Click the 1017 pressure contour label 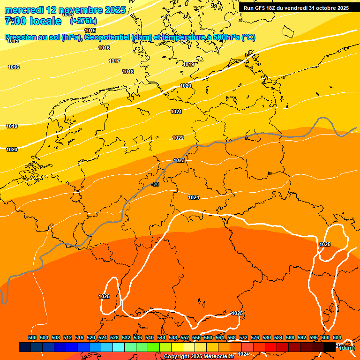(x=114, y=61)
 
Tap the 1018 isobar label (x=128, y=72)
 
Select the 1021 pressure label (x=176, y=112)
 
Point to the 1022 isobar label (x=178, y=138)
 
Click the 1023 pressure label (x=179, y=160)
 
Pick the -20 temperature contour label (x=155, y=184)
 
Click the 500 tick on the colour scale (x=32, y=337)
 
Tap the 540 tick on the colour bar (x=150, y=337)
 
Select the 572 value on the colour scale (x=243, y=337)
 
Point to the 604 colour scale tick (x=337, y=337)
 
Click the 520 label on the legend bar (x=91, y=337)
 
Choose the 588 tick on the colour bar (x=290, y=337)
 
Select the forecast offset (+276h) (x=83, y=21)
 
